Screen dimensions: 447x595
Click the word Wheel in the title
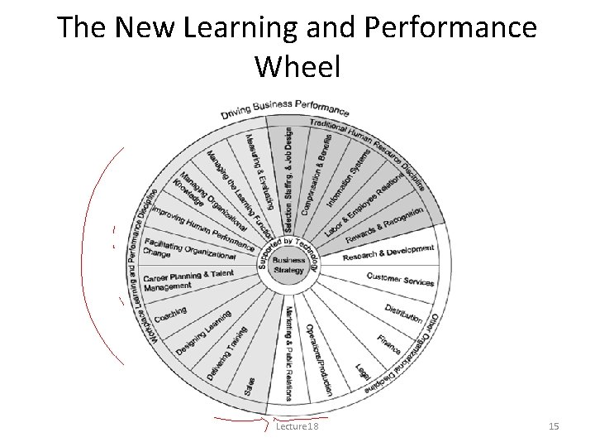tap(297, 66)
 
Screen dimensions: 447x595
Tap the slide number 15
tap(554, 426)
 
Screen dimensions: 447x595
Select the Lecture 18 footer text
tap(296, 426)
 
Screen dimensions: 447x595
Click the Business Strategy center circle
tap(289, 263)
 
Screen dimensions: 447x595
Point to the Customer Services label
tap(400, 279)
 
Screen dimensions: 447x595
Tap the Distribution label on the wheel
tap(404, 313)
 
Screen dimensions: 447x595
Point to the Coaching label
tap(171, 315)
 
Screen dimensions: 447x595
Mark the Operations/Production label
tap(317, 356)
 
